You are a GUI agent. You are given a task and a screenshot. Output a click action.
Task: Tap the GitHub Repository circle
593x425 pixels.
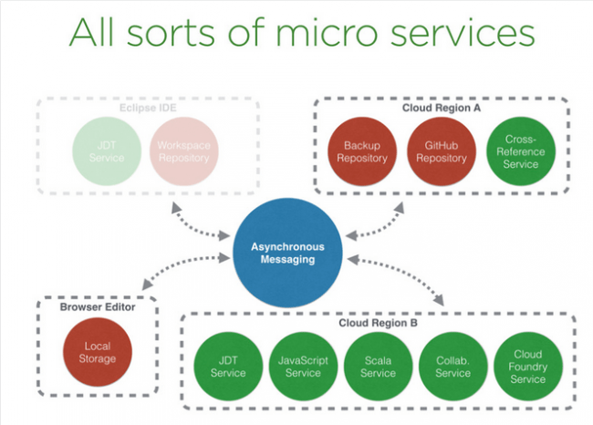click(441, 151)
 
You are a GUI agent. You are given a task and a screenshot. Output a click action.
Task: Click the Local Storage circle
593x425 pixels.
click(98, 352)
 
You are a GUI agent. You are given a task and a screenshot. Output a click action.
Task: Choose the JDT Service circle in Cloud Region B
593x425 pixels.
click(227, 367)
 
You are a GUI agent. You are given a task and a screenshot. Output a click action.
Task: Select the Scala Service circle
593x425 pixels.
click(377, 367)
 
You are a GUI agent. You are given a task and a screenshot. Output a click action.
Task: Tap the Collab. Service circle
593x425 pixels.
click(453, 367)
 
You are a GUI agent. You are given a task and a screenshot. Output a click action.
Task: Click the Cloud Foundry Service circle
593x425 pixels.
click(527, 367)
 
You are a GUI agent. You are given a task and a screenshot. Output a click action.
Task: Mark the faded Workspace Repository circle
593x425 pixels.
click(182, 151)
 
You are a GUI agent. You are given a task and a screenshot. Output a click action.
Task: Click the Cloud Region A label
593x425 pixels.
click(441, 108)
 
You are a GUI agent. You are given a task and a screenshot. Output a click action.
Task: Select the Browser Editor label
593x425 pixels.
click(97, 307)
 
